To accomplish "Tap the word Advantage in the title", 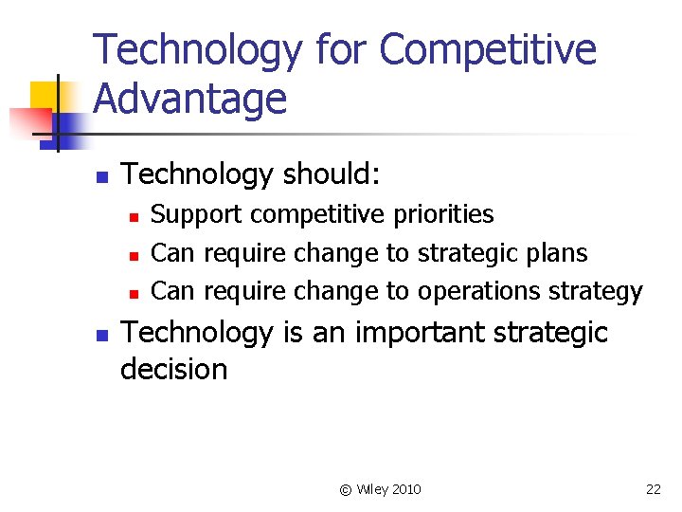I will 190,99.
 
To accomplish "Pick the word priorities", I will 438,214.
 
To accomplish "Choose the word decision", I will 174,369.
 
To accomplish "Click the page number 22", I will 653,489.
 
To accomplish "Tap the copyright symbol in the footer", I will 346,489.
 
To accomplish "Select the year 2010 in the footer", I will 405,489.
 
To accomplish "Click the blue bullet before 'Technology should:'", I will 101,176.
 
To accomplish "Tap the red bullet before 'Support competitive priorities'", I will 135,217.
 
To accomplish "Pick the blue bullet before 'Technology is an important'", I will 101,335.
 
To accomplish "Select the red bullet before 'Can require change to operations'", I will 135,293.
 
